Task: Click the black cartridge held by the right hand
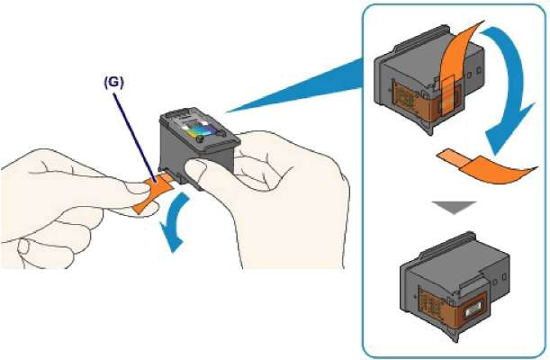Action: [x=194, y=148]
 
